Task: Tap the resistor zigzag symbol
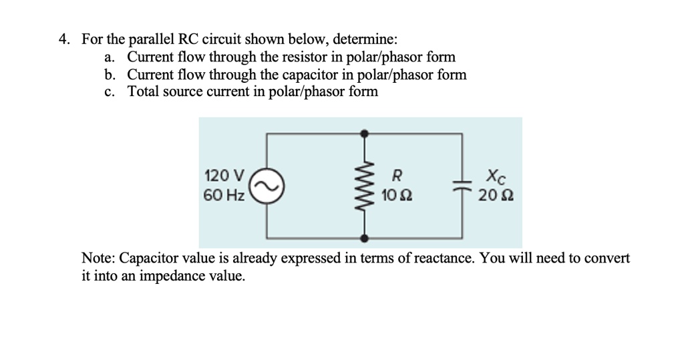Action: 364,186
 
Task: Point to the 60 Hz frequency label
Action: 224,196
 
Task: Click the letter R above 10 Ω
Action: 396,177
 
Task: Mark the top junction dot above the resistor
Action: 364,134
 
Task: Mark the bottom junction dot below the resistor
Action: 364,237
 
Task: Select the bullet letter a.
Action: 109,57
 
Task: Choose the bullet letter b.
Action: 109,75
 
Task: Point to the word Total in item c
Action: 144,92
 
